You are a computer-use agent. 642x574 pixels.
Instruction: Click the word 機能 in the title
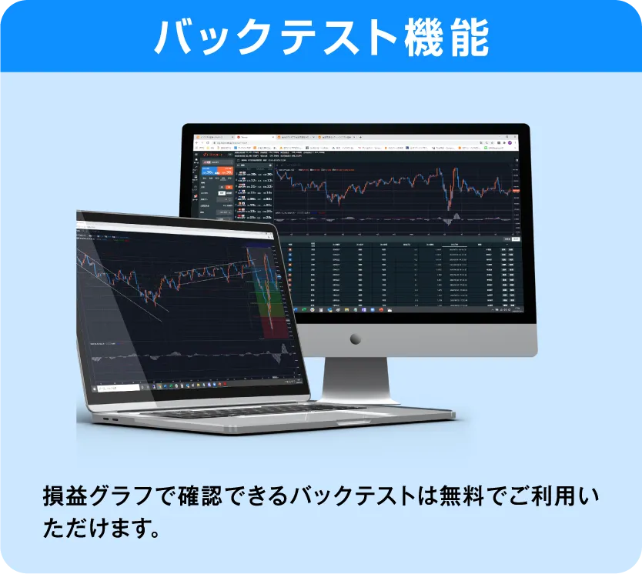pyautogui.click(x=446, y=36)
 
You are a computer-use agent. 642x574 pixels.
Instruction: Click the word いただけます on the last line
pyautogui.click(x=92, y=530)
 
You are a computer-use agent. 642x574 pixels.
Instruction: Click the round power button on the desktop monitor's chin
pyautogui.click(x=355, y=339)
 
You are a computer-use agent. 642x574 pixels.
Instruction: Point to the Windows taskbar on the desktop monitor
pyautogui.click(x=400, y=309)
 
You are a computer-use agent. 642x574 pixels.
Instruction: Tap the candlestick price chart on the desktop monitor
pyautogui.click(x=393, y=189)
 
